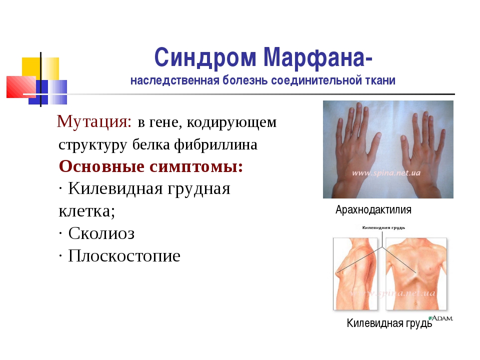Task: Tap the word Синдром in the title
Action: pos(205,57)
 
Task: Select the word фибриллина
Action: pos(216,145)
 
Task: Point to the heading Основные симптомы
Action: pos(151,166)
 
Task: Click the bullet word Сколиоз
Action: pos(101,233)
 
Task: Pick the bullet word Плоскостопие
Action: pos(124,255)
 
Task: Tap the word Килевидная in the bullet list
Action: pos(115,188)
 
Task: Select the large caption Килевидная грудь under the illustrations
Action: pos(389,323)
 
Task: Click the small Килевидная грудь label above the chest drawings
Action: pos(383,227)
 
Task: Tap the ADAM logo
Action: pos(440,318)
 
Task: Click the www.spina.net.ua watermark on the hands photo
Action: pos(386,173)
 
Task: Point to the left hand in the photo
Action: pos(354,147)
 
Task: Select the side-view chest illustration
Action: pos(355,274)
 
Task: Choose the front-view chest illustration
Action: pos(416,274)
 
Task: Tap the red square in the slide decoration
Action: pos(21,87)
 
